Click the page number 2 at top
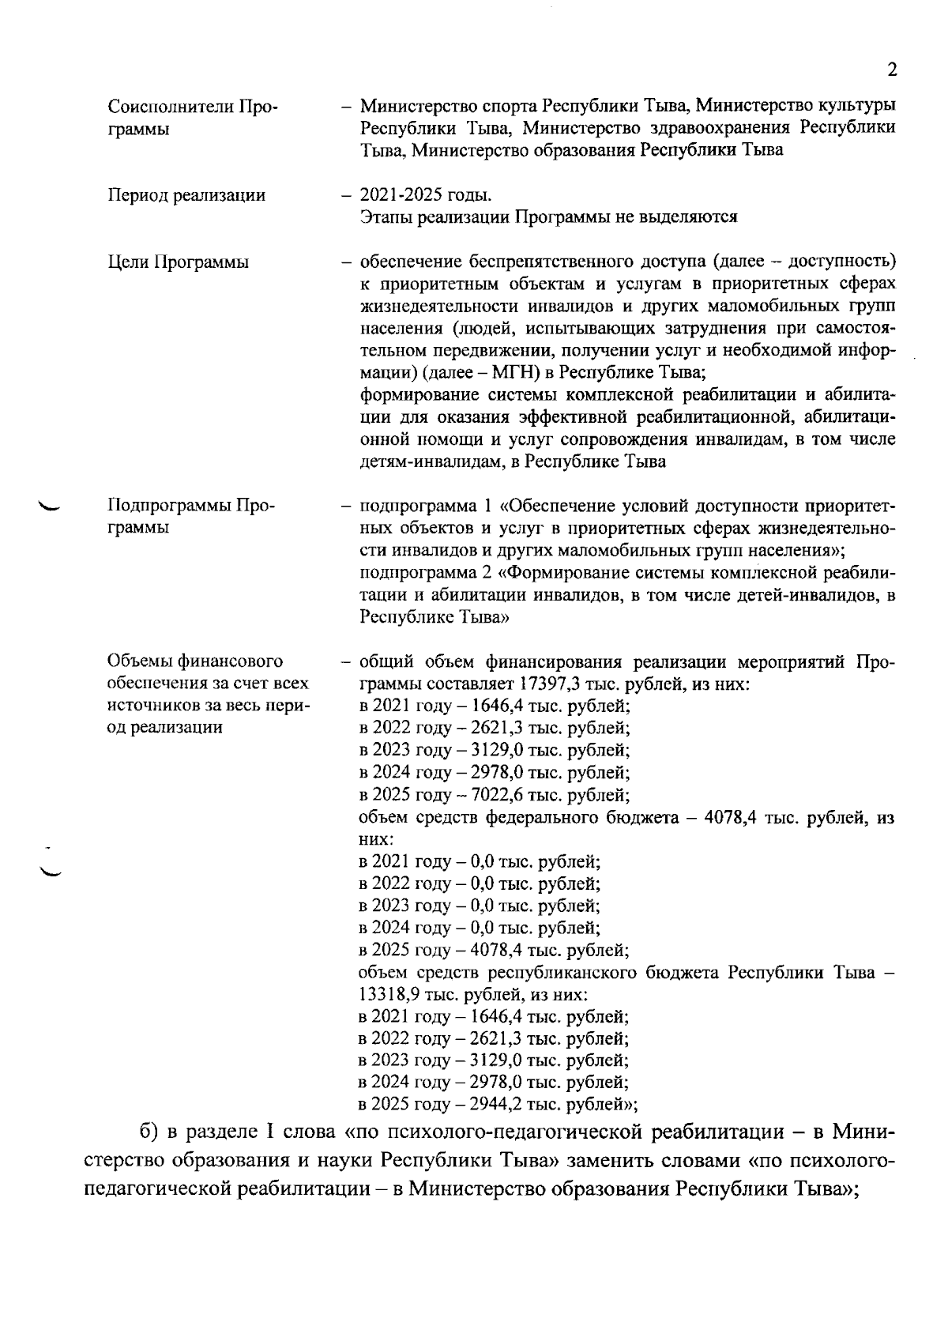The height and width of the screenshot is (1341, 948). [x=892, y=70]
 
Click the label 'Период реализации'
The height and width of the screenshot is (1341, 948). [x=186, y=195]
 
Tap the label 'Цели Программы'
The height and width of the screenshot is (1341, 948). [x=178, y=262]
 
